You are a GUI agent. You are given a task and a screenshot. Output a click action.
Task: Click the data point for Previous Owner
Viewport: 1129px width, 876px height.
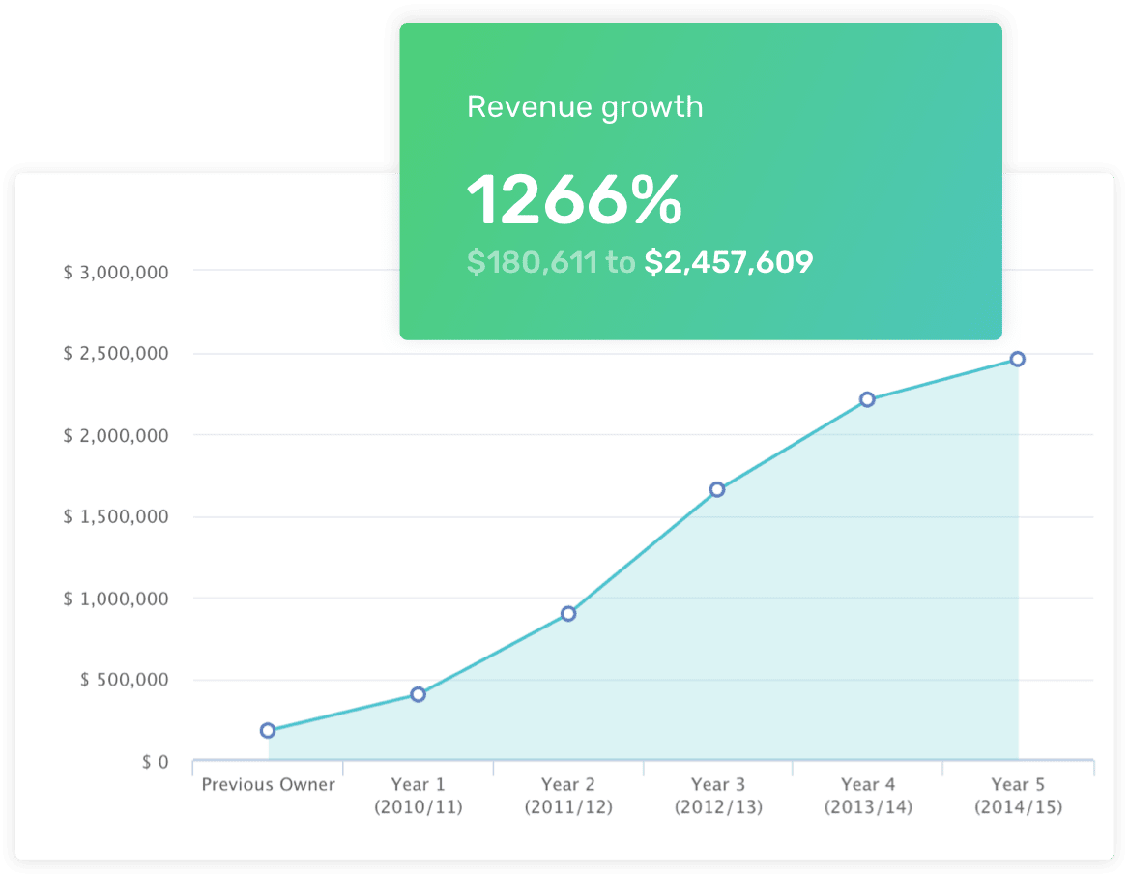(x=268, y=730)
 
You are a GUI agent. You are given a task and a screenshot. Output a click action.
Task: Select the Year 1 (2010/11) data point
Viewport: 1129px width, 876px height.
(x=419, y=694)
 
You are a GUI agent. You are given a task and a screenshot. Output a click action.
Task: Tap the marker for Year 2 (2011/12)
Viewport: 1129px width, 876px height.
(x=568, y=613)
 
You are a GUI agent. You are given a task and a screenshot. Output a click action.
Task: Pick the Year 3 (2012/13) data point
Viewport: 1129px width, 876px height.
(x=717, y=489)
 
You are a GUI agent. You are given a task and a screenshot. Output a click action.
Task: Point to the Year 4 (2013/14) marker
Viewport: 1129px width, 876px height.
(x=867, y=399)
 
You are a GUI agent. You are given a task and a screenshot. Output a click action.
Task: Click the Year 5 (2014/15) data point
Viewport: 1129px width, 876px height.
(x=1017, y=359)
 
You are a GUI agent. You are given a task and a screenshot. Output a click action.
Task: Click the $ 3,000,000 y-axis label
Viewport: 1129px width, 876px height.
(x=116, y=273)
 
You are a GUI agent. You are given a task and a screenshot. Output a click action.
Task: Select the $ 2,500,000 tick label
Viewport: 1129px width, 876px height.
(x=116, y=354)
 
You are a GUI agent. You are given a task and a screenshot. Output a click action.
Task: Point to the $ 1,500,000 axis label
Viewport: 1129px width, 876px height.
(x=116, y=517)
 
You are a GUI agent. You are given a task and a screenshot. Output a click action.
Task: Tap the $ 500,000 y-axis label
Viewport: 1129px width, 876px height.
(x=123, y=680)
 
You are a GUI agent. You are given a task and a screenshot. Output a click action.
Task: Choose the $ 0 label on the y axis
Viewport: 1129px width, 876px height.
(x=155, y=762)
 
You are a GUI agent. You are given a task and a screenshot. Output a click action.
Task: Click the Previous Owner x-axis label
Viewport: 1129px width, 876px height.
(x=269, y=784)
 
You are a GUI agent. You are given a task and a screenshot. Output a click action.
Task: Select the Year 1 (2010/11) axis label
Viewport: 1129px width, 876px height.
(x=419, y=795)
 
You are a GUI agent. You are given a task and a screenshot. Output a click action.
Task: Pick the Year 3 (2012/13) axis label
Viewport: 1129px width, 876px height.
(x=718, y=795)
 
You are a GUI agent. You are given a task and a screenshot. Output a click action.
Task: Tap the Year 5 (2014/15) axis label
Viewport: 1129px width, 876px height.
(x=1018, y=795)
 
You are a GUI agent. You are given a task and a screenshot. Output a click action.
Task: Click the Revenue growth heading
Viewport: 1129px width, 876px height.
(x=585, y=106)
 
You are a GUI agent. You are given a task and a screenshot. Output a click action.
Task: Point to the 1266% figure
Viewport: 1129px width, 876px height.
(x=574, y=200)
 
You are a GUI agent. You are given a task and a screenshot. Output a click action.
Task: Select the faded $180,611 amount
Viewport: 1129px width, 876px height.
(x=532, y=262)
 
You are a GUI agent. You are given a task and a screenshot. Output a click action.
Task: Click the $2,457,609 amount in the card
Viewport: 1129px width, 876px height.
(x=729, y=262)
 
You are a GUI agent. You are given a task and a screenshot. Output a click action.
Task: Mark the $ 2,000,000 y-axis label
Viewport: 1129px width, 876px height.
(x=116, y=436)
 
